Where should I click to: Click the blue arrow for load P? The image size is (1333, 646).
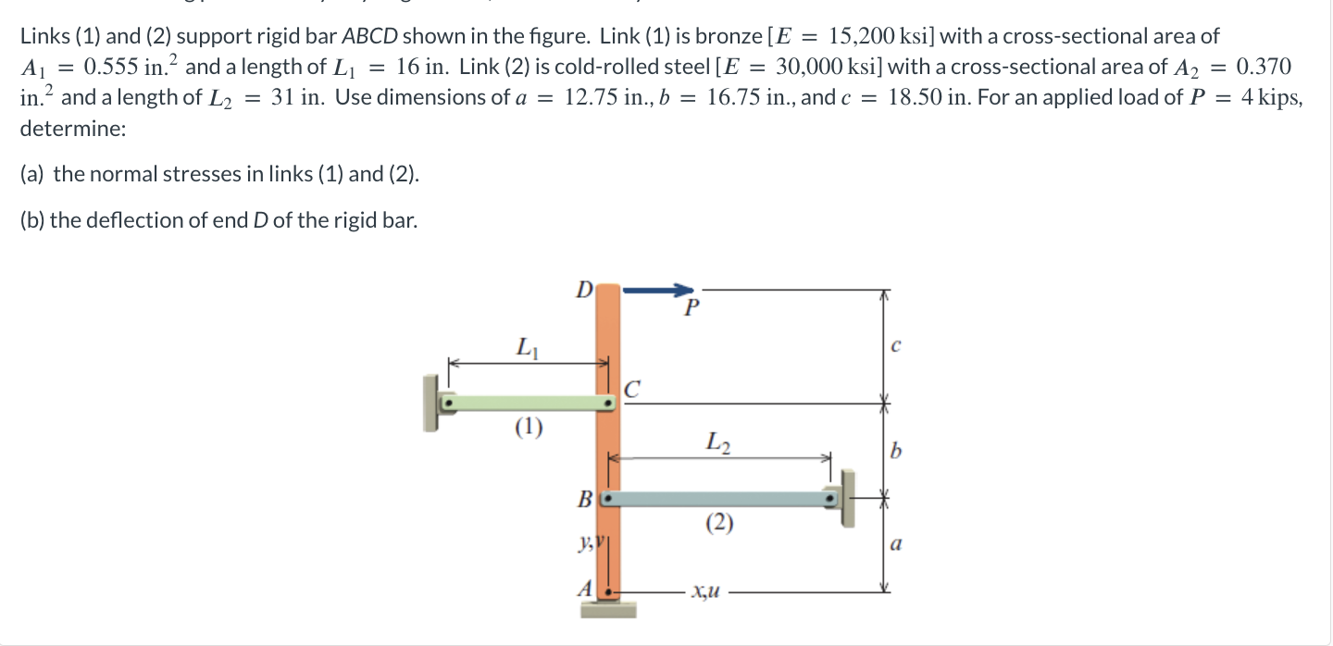point(658,290)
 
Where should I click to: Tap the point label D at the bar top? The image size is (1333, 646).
point(583,290)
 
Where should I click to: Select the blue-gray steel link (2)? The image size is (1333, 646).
point(722,499)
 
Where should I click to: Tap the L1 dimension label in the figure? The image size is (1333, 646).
point(524,349)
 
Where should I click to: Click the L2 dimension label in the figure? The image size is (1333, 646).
point(718,441)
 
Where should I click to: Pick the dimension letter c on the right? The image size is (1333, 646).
point(894,347)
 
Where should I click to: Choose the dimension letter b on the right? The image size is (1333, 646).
point(894,452)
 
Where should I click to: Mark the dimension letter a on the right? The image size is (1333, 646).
point(894,546)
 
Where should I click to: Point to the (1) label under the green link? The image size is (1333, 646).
point(529,428)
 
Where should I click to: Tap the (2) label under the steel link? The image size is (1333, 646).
point(719,524)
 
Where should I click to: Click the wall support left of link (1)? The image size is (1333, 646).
point(430,404)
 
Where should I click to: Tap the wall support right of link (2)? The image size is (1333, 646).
point(847,498)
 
